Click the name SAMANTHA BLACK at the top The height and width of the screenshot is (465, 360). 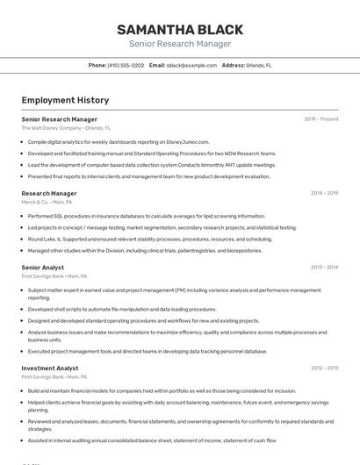point(180,29)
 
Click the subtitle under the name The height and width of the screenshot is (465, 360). point(180,44)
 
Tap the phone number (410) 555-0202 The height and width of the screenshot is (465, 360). point(126,65)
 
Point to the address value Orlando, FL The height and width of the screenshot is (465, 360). point(259,65)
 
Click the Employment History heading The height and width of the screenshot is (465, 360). point(65,100)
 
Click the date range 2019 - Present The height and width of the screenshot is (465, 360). point(321,118)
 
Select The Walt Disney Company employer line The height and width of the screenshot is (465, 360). point(66,128)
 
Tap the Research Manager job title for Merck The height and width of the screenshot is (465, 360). point(49,193)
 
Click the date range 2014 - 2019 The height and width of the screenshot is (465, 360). point(324,193)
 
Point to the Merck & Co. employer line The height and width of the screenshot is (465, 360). point(47,202)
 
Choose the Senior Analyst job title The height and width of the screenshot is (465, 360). point(43,267)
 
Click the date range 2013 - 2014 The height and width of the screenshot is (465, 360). point(324,267)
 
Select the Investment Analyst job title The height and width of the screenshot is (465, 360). point(50,368)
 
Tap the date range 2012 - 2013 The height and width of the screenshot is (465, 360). point(324,368)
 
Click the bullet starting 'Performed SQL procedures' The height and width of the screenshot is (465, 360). point(146,216)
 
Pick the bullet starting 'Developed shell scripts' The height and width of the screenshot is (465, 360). point(121,309)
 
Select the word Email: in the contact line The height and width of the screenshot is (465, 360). point(157,65)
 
